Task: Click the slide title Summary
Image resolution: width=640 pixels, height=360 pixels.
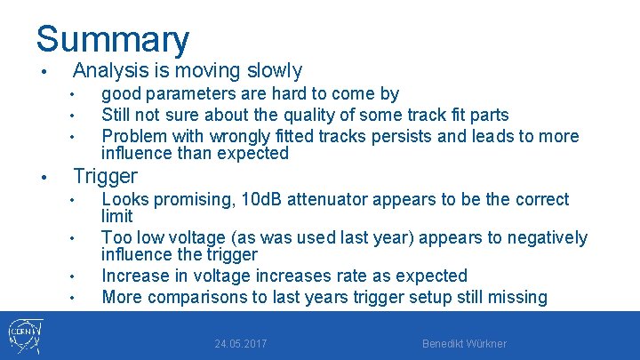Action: [x=113, y=39]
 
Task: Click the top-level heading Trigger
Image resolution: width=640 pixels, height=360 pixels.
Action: [x=105, y=176]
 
